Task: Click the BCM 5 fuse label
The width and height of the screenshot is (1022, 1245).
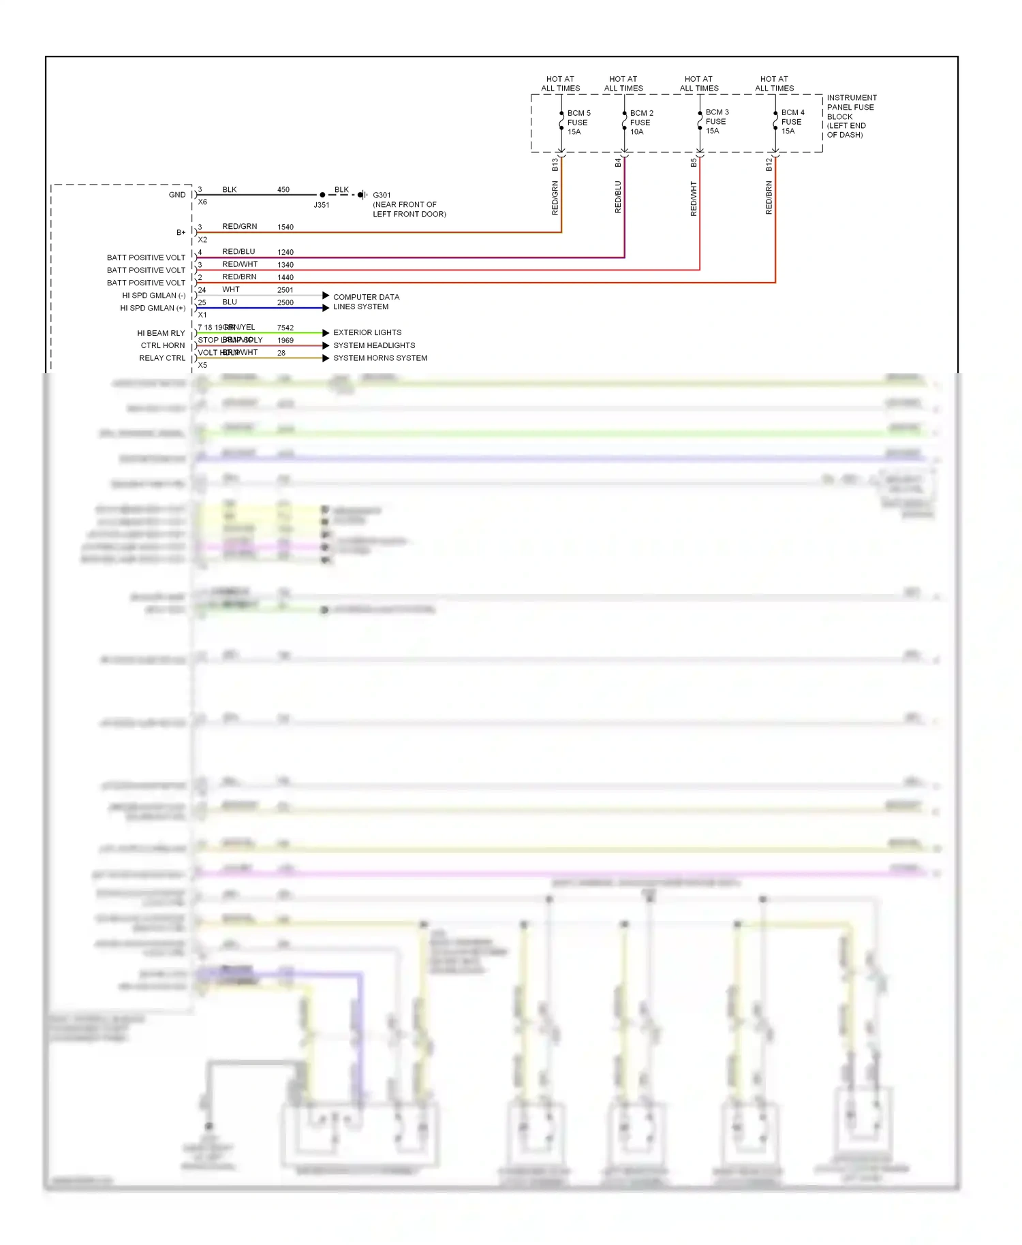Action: tap(578, 123)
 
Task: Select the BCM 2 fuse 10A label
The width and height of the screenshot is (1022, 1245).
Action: tap(640, 123)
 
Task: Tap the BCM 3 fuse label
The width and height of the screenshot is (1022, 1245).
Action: tap(716, 121)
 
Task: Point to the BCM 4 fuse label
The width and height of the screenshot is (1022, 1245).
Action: tap(792, 121)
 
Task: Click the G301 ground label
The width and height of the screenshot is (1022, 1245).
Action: tap(382, 195)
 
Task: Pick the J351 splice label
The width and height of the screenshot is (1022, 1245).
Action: tap(322, 205)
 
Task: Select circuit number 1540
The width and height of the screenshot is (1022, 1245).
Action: tap(285, 227)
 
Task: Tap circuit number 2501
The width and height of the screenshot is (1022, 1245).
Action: tap(285, 290)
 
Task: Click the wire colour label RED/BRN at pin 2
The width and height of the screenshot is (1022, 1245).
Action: tap(239, 277)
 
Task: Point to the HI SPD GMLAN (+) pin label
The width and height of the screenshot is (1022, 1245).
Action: tap(153, 309)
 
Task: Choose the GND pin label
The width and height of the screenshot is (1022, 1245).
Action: tap(177, 195)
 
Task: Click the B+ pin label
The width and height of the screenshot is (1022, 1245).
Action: tap(181, 233)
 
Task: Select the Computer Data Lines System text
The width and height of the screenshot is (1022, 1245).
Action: tap(366, 302)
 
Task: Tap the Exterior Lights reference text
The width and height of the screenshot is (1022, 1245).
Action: tap(367, 333)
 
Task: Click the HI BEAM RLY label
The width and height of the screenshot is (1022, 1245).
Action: tap(161, 334)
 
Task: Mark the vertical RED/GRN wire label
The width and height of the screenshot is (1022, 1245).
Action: tap(555, 198)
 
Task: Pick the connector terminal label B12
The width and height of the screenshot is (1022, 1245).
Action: tap(769, 164)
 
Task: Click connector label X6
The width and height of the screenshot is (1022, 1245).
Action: tap(202, 202)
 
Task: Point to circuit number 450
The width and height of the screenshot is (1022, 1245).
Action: tap(283, 190)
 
